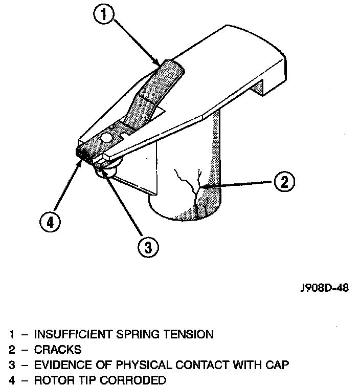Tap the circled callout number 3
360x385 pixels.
pyautogui.click(x=147, y=248)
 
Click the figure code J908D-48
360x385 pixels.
pyautogui.click(x=324, y=288)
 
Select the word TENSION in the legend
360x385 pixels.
pyautogui.click(x=188, y=335)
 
